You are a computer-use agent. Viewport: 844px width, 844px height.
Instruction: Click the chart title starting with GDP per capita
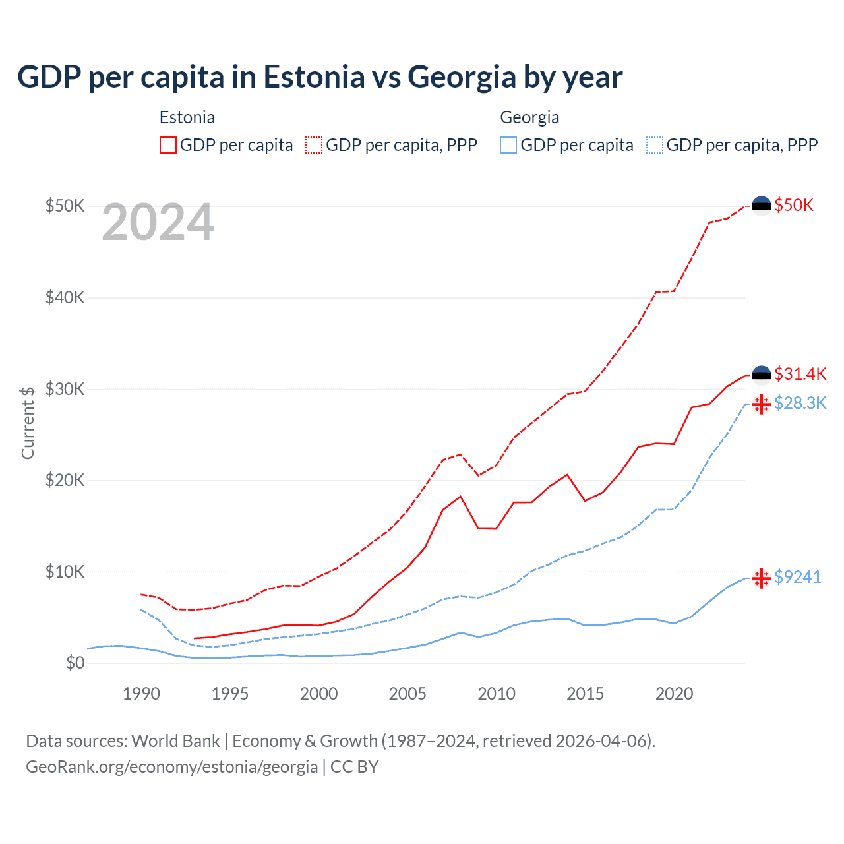click(320, 77)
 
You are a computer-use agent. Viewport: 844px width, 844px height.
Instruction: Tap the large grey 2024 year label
click(158, 223)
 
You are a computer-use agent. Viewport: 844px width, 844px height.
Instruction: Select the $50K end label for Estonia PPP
click(794, 205)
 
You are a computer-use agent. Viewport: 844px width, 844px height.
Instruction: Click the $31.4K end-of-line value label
click(800, 374)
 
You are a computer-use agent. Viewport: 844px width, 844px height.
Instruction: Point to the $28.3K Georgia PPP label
click(800, 403)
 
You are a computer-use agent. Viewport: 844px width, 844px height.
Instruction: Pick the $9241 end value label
click(797, 577)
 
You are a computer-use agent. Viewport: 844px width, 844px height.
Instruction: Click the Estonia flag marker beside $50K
click(762, 206)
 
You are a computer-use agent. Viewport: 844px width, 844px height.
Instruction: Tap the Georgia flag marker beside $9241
click(762, 578)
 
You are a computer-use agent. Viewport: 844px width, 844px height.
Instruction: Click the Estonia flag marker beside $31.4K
click(762, 375)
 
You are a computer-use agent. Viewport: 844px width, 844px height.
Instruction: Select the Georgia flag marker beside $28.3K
click(762, 404)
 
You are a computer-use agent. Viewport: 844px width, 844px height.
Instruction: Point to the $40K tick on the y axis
click(65, 297)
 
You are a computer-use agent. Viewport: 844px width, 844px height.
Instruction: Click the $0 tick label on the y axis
click(75, 663)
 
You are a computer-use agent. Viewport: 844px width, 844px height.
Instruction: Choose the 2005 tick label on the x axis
click(407, 694)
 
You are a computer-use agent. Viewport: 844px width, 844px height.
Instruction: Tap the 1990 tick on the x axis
click(141, 694)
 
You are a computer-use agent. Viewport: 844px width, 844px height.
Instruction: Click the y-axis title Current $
click(28, 423)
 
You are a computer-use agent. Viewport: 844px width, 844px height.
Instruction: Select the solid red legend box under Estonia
click(168, 145)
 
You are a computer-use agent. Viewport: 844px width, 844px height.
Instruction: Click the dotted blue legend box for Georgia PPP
click(655, 145)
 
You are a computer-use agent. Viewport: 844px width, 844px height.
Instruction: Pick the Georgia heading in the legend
click(529, 117)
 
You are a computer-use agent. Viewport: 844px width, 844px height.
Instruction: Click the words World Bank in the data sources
click(175, 741)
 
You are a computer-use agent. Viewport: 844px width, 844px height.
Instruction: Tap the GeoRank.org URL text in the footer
click(171, 767)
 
